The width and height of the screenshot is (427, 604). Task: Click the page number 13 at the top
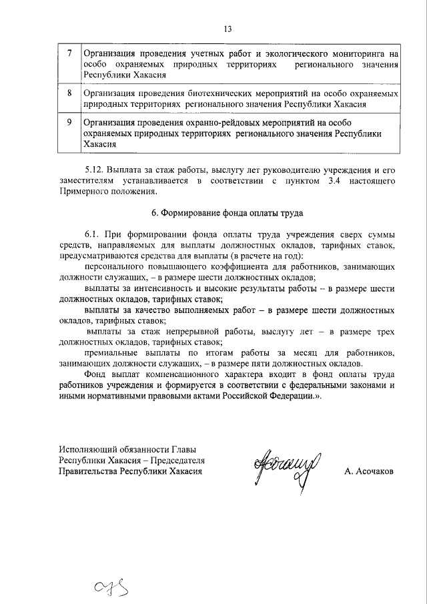click(228, 29)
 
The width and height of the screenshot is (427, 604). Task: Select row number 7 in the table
click(70, 53)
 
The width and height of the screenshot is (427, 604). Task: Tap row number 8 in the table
click(70, 93)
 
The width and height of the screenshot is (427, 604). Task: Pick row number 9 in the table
click(70, 123)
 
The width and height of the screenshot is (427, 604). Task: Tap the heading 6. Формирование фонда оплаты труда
click(227, 214)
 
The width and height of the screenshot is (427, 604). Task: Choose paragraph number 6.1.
click(92, 236)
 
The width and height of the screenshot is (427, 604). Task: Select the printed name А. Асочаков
click(369, 471)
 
